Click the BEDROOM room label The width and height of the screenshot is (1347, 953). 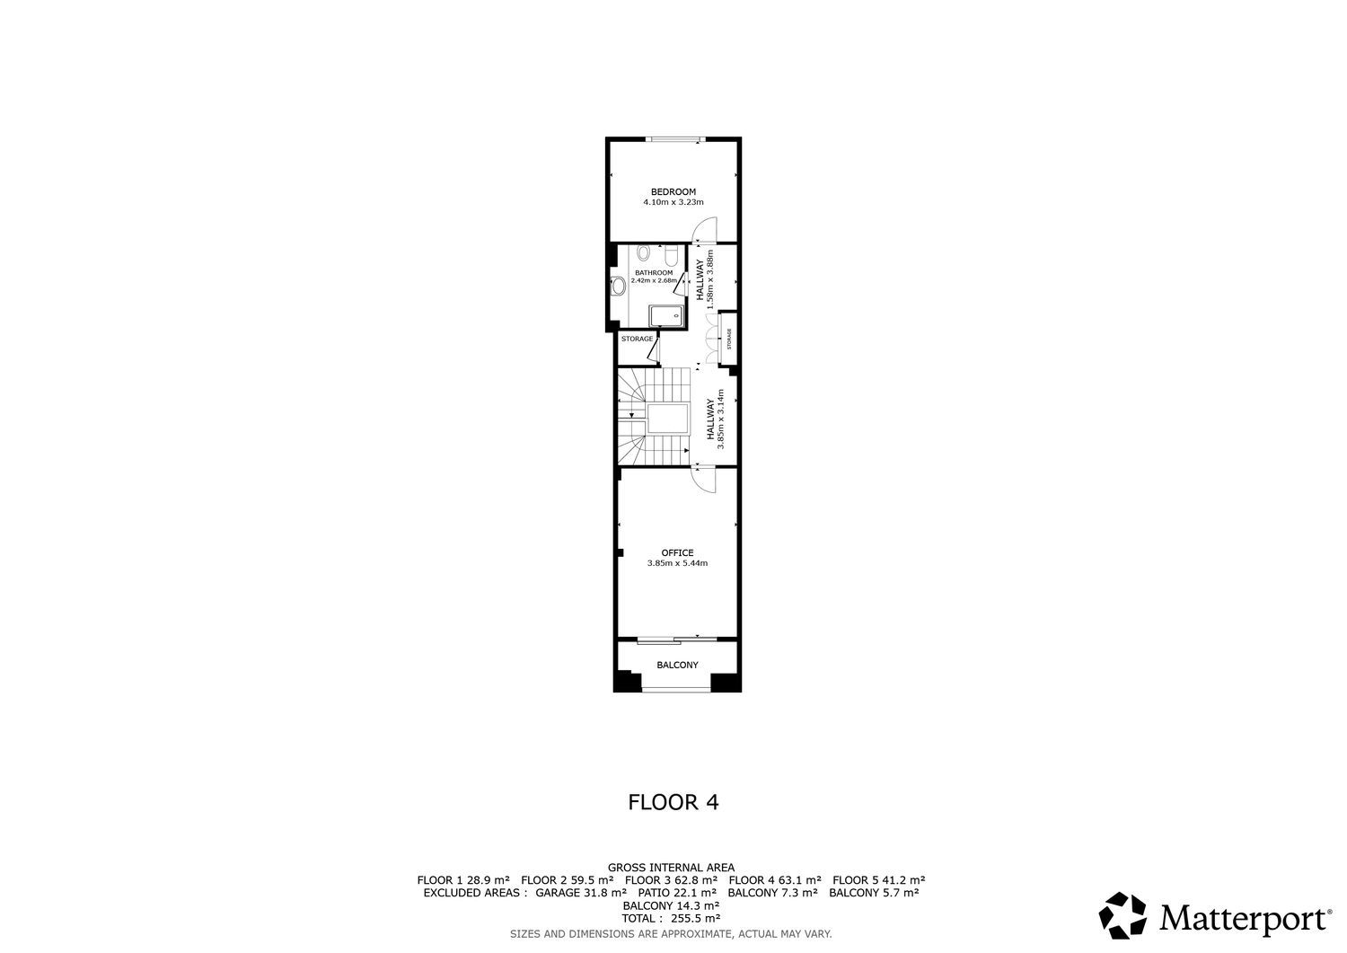tap(673, 192)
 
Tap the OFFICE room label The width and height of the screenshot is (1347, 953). tap(677, 553)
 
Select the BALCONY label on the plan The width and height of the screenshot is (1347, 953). tap(677, 665)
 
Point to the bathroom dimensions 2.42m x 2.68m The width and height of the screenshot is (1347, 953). tap(654, 280)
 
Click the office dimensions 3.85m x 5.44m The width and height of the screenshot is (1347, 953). tap(677, 563)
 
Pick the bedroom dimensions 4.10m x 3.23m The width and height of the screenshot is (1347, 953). tap(673, 202)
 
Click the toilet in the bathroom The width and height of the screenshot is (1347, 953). tap(644, 252)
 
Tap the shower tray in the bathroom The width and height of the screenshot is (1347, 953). tap(666, 315)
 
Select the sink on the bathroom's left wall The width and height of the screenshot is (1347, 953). tap(619, 287)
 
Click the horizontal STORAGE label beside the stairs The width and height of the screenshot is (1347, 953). tap(637, 339)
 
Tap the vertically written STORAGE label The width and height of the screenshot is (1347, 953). tap(729, 339)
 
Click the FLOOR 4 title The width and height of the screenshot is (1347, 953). tap(673, 802)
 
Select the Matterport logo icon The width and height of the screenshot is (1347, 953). tap(1122, 915)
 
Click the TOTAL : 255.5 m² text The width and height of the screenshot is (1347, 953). tap(671, 918)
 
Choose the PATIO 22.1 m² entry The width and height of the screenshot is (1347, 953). tap(677, 893)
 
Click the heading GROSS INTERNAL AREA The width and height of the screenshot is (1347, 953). tap(671, 868)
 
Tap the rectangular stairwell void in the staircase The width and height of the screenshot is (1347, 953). tap(667, 419)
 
